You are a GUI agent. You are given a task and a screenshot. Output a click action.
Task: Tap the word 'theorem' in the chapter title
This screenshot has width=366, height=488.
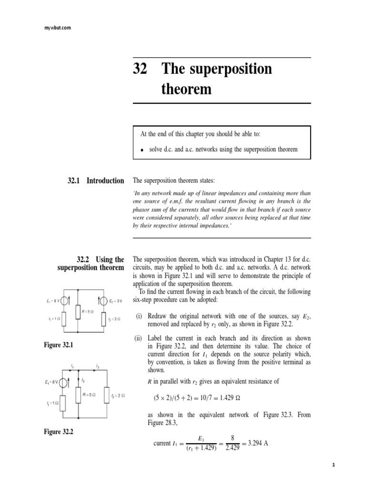coord(187,89)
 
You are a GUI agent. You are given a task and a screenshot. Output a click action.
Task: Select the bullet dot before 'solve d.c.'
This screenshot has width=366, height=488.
coord(142,150)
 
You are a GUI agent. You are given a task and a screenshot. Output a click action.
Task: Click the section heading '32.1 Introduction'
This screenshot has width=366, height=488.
coord(96,181)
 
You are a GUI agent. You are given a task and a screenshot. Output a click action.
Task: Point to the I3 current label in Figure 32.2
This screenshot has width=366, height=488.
coord(97,366)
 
